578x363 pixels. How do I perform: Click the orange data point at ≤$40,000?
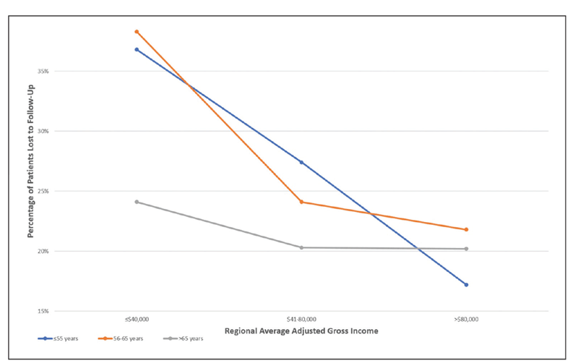tap(137, 32)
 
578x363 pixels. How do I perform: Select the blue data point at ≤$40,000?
tap(137, 49)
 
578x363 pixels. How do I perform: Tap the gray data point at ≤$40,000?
tap(137, 202)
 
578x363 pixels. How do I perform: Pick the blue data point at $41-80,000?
tap(301, 162)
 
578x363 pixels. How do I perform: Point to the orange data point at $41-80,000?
tap(301, 202)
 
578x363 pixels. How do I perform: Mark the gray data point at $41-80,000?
tap(301, 247)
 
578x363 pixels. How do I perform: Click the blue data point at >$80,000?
tap(466, 284)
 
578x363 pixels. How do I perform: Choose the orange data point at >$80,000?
tap(466, 229)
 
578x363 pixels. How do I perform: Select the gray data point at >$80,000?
tap(466, 249)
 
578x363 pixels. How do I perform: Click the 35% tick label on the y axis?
tap(44, 72)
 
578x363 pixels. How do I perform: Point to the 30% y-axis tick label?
tap(44, 132)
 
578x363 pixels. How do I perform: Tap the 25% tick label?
tap(44, 192)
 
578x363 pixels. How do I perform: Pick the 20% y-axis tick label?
tap(44, 252)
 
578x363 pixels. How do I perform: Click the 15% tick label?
tap(44, 312)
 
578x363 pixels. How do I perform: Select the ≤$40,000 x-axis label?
tap(137, 319)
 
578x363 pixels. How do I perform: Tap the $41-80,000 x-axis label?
tap(301, 319)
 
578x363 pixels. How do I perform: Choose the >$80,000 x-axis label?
tap(466, 319)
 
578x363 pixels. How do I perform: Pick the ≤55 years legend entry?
tap(66, 338)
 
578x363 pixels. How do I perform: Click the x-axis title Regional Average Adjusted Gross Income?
tap(301, 330)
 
